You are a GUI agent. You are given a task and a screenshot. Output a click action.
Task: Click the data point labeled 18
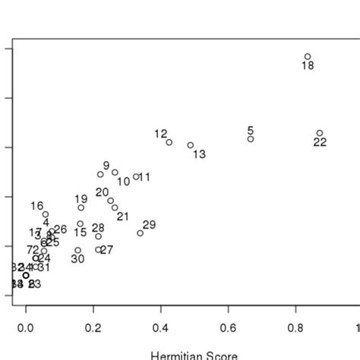(x=308, y=56)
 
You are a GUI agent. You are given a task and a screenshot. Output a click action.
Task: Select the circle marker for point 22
(x=320, y=133)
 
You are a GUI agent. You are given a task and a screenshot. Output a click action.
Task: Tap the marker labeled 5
(x=251, y=139)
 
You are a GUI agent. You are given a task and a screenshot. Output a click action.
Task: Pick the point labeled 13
(x=191, y=145)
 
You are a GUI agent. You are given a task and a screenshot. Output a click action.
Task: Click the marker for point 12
(x=169, y=142)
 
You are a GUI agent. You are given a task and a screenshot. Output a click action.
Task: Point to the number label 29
(x=149, y=225)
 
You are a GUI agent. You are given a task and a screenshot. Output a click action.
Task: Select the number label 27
(x=106, y=250)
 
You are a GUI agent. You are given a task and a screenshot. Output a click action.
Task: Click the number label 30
(x=77, y=259)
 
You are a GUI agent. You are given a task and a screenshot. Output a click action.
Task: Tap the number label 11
(x=144, y=178)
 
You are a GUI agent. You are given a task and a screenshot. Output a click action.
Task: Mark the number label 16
(x=37, y=206)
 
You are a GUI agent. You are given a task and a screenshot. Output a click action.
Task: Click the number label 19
(x=81, y=199)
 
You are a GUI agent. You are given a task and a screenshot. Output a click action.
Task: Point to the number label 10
(x=123, y=182)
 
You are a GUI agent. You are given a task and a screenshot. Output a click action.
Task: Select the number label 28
(x=98, y=228)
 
